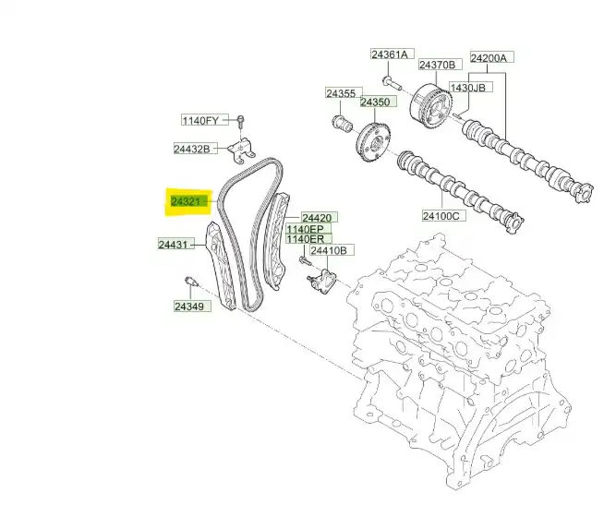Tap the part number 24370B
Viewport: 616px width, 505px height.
(x=437, y=65)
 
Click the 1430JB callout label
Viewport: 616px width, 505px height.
(x=467, y=88)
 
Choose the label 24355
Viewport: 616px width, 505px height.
(x=341, y=93)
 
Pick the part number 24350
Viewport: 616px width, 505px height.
(x=375, y=102)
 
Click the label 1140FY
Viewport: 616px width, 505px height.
(x=200, y=120)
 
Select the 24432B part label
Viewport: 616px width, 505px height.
(x=192, y=149)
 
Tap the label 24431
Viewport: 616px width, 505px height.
(x=173, y=245)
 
